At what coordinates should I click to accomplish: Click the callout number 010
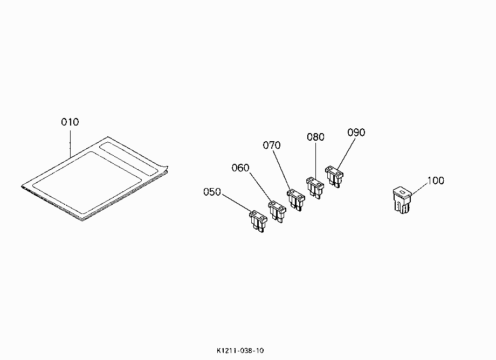pyautogui.click(x=70, y=122)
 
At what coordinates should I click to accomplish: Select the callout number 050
pyautogui.click(x=212, y=192)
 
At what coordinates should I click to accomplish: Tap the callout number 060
pyautogui.click(x=240, y=168)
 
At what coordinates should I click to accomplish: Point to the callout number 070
pyautogui.click(x=272, y=146)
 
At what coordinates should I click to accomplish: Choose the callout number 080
pyautogui.click(x=316, y=137)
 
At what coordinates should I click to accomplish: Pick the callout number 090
pyautogui.click(x=356, y=133)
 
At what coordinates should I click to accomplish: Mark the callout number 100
pyautogui.click(x=436, y=181)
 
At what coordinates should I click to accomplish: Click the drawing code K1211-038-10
pyautogui.click(x=240, y=350)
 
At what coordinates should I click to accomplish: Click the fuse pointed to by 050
pyautogui.click(x=258, y=221)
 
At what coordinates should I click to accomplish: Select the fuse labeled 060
pyautogui.click(x=277, y=212)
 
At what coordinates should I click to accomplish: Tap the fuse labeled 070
pyautogui.click(x=296, y=200)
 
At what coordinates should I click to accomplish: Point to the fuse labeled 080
pyautogui.click(x=315, y=188)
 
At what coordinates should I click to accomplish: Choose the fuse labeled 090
pyautogui.click(x=334, y=177)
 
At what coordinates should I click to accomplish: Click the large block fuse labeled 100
pyautogui.click(x=402, y=200)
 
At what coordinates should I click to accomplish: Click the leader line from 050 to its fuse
pyautogui.click(x=237, y=203)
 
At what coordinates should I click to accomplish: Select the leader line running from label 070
pyautogui.click(x=282, y=171)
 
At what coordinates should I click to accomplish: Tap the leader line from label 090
pyautogui.click(x=346, y=153)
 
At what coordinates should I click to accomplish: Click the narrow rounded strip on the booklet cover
pyautogui.click(x=129, y=158)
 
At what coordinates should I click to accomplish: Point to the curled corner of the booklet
pyautogui.click(x=164, y=169)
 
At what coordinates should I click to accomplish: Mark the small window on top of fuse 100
pyautogui.click(x=402, y=192)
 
